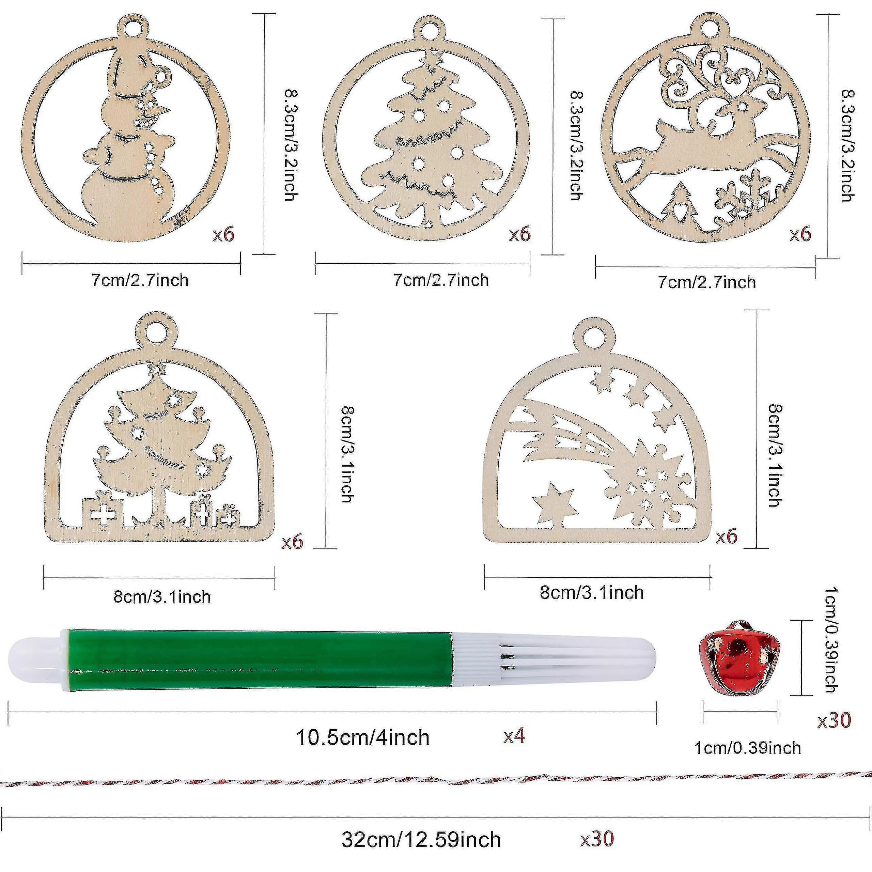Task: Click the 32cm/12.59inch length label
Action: tap(421, 840)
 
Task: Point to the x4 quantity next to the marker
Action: tap(515, 736)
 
